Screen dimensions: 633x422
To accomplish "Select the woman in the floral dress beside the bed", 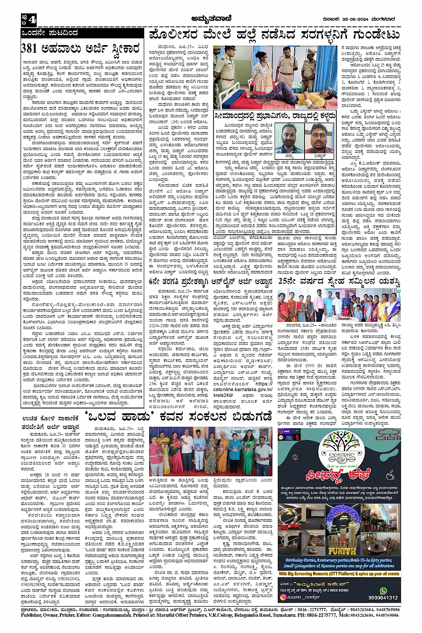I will (262, 74).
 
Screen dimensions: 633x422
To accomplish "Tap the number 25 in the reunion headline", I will (286, 282).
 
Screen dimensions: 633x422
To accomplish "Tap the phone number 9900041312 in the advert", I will (383, 598).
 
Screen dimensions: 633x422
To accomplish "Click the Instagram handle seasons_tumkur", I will (308, 597).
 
